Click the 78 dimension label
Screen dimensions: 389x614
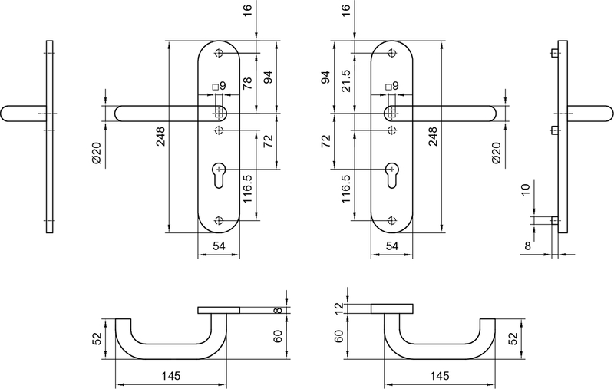[x=247, y=84]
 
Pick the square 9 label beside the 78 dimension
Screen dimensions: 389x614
[x=220, y=86]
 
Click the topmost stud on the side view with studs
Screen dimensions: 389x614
[x=554, y=53]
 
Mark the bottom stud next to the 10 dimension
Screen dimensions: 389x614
[x=554, y=221]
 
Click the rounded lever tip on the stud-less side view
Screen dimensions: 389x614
[x=7, y=113]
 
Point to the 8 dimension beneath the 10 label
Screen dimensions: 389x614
[x=529, y=246]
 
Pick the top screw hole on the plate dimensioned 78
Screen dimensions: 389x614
[x=220, y=53]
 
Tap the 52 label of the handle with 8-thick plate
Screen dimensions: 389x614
[x=97, y=338]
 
